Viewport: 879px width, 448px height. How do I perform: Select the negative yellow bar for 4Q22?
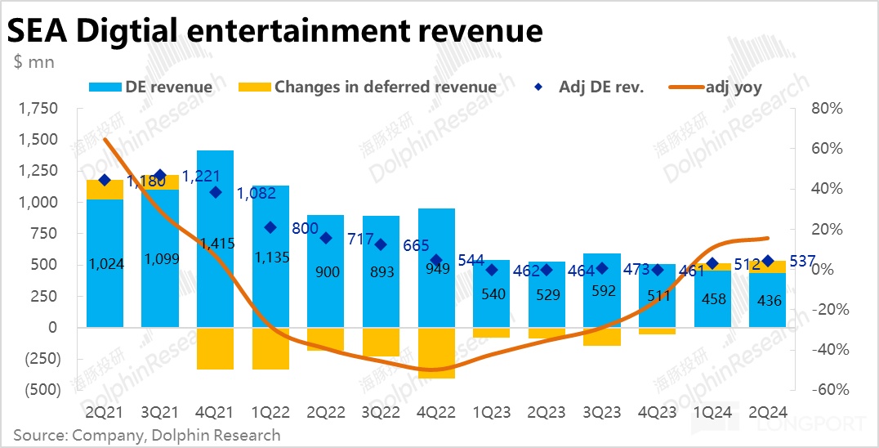coord(436,352)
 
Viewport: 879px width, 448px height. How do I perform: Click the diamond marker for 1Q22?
coord(270,227)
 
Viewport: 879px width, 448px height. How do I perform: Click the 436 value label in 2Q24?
coord(770,301)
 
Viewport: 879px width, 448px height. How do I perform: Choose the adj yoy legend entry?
coord(719,87)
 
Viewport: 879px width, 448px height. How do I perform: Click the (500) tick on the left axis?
coord(37,390)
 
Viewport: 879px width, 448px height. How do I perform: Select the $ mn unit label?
coord(33,63)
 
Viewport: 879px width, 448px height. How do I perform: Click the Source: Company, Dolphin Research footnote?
coord(146,435)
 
